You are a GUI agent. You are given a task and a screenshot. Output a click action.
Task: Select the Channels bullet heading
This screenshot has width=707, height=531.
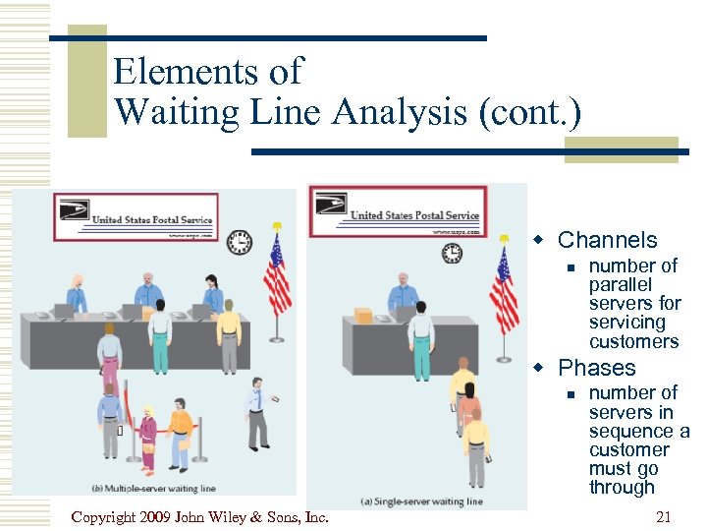tap(607, 240)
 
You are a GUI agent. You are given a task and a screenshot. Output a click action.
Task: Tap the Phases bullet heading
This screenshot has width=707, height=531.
tap(596, 368)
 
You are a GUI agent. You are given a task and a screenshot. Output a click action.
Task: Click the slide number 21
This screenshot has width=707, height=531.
tap(664, 516)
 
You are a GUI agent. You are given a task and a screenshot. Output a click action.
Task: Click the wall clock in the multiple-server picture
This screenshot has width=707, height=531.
tap(239, 242)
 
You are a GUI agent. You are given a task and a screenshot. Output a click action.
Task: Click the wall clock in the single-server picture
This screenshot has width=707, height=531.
tap(452, 253)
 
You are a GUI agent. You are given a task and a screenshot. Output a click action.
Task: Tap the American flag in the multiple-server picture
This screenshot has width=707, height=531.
tap(277, 275)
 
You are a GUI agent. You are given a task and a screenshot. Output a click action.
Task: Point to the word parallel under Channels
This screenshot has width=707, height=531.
tap(620, 284)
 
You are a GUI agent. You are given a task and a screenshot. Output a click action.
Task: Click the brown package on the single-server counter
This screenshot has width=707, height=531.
tap(363, 316)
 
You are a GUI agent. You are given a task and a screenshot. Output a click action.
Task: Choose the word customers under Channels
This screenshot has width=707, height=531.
tap(633, 341)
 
